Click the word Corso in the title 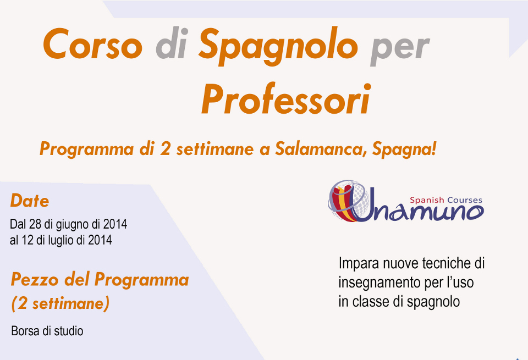(92, 44)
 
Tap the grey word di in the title (172, 43)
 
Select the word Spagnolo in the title (278, 46)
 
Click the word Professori (286, 99)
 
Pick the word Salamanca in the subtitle (321, 149)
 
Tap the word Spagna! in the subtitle (404, 149)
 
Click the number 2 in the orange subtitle (165, 149)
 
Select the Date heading (30, 201)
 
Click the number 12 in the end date (28, 240)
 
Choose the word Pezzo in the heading (35, 280)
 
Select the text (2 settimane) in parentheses (61, 303)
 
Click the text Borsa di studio (47, 331)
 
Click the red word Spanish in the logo (427, 201)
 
